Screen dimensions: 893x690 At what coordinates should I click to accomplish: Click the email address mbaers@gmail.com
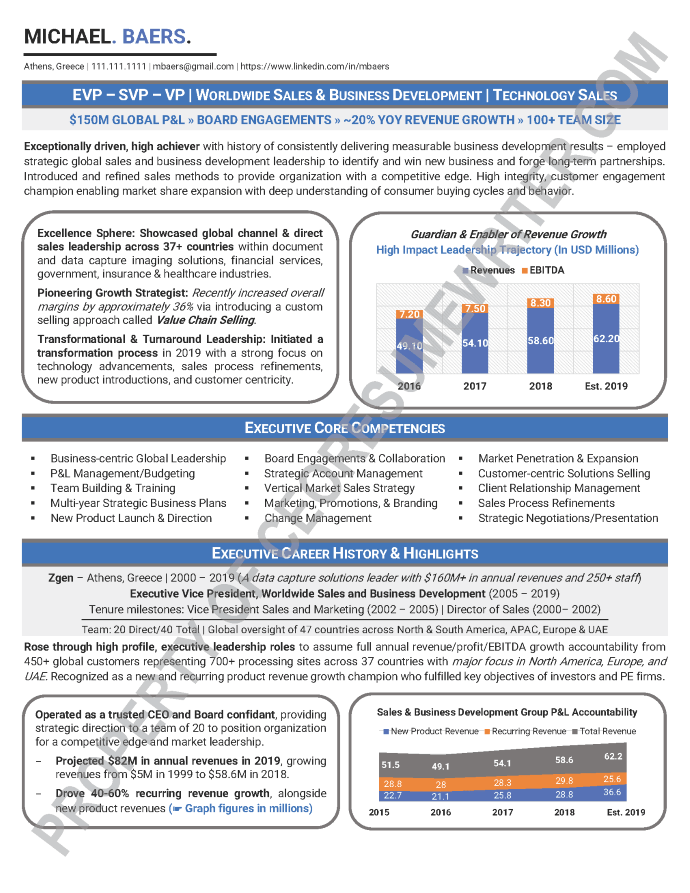[193, 66]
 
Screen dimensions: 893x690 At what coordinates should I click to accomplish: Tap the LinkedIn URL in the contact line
[315, 66]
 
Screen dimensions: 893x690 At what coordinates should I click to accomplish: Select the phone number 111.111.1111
[119, 66]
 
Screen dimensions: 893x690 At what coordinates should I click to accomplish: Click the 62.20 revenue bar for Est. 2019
[605, 340]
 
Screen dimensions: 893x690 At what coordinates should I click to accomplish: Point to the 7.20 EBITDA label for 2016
[409, 314]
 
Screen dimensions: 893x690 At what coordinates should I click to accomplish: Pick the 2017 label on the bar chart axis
[474, 386]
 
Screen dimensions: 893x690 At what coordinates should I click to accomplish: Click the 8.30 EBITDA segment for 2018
[540, 302]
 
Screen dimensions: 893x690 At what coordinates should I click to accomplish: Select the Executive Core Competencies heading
[345, 428]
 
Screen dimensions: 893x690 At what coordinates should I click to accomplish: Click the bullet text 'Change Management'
[304, 518]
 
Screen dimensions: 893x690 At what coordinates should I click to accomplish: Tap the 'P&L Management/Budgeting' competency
[123, 473]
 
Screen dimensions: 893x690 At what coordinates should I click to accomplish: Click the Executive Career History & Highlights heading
[345, 553]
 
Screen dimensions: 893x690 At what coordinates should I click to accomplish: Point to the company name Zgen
[61, 578]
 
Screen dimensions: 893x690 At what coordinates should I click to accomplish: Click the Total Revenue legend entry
[607, 731]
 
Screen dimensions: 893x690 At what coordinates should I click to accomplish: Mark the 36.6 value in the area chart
[611, 792]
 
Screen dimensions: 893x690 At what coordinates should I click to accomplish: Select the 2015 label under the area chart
[379, 812]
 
